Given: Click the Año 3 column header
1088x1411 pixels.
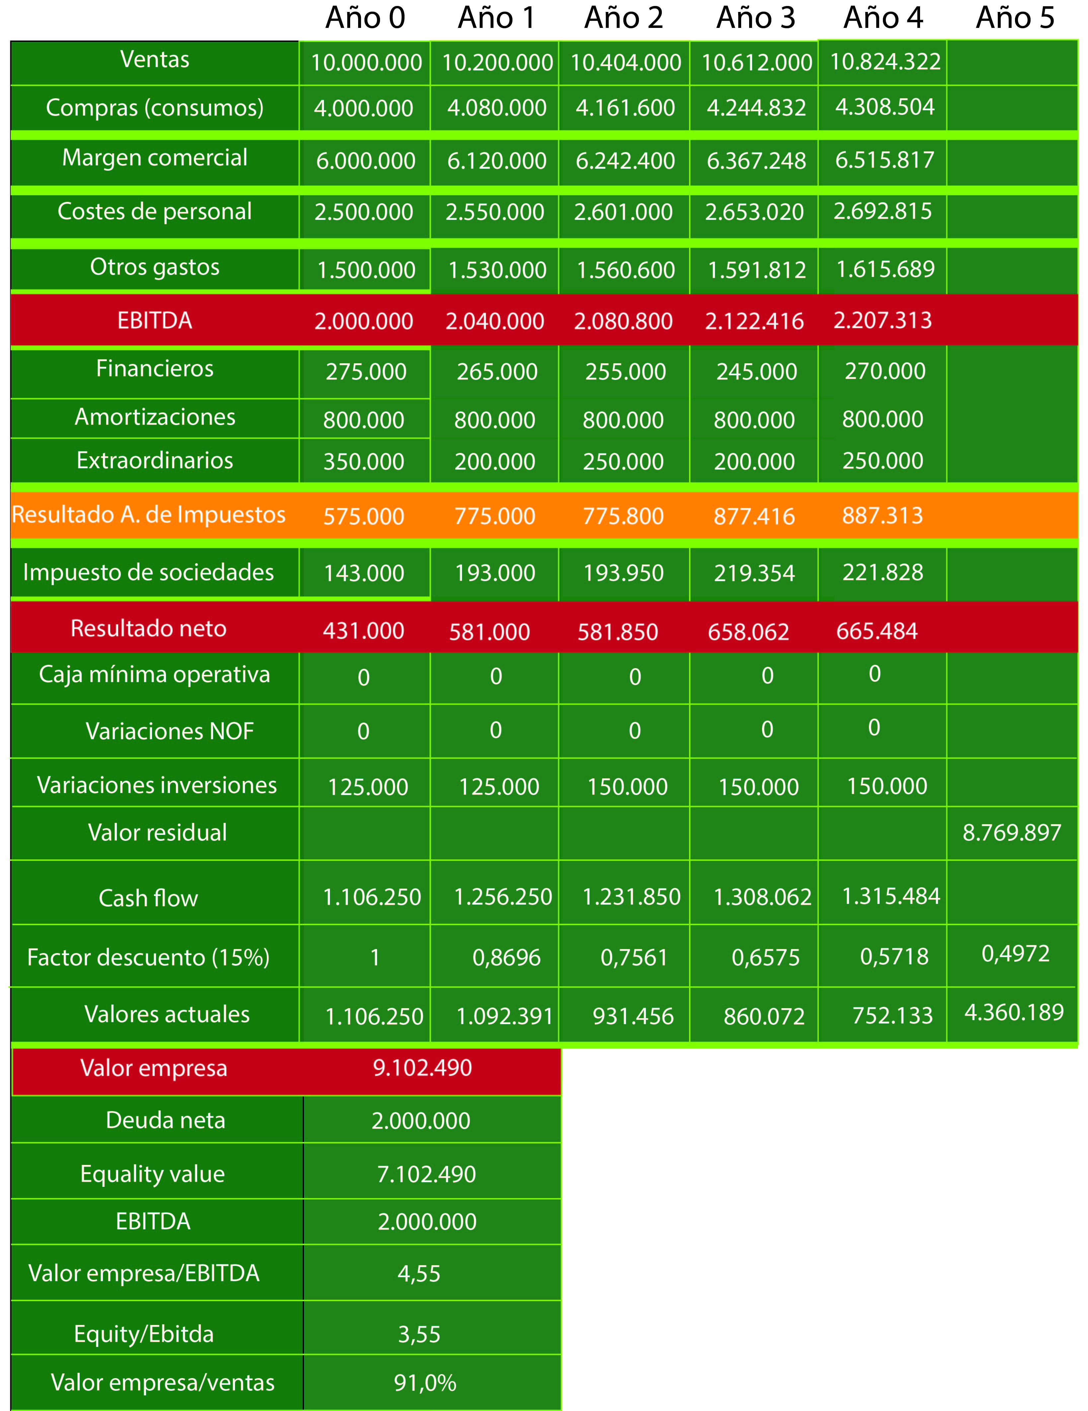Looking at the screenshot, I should coord(755,18).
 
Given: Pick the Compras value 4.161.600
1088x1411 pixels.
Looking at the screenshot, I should coord(625,108).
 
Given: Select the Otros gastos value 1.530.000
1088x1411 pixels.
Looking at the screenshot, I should coord(497,270).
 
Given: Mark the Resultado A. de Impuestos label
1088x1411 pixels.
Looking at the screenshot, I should coord(148,515).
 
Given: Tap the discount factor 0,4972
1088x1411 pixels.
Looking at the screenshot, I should coord(1015,954).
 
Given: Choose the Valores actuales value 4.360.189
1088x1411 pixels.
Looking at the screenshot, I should coord(1014,1013).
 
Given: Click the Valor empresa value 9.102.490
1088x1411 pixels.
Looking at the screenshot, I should coord(422,1068).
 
